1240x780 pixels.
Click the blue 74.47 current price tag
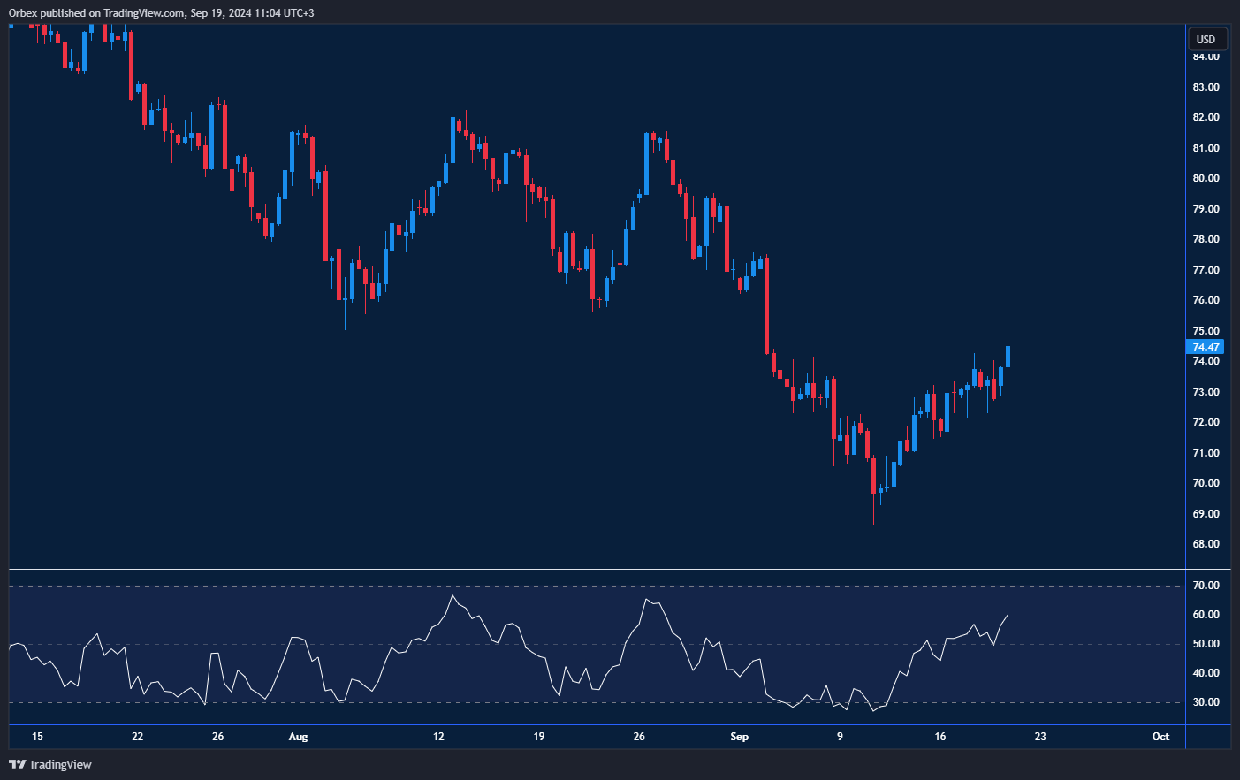(x=1206, y=347)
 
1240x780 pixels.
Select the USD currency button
(x=1206, y=39)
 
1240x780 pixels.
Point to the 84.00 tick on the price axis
(x=1206, y=57)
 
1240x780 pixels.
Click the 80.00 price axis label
(x=1206, y=178)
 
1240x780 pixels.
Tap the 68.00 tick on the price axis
(x=1206, y=544)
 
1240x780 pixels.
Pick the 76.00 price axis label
(x=1206, y=300)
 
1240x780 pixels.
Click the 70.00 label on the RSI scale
(x=1206, y=586)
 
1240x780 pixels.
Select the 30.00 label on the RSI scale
(x=1206, y=703)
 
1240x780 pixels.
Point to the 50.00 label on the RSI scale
(x=1206, y=644)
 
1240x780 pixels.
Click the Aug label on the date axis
(x=299, y=737)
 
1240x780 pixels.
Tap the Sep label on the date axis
(x=740, y=737)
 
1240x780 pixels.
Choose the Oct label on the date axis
(x=1160, y=737)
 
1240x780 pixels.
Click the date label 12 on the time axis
(x=438, y=737)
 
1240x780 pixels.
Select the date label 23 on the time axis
(x=1040, y=737)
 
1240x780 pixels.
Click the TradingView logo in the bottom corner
(x=50, y=764)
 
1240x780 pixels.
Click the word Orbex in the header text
(x=23, y=13)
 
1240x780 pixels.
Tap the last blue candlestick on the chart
(x=1008, y=356)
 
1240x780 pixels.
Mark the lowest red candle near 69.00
(x=873, y=477)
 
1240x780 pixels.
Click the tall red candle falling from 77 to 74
(x=766, y=306)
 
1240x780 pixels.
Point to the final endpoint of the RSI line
(x=1008, y=616)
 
